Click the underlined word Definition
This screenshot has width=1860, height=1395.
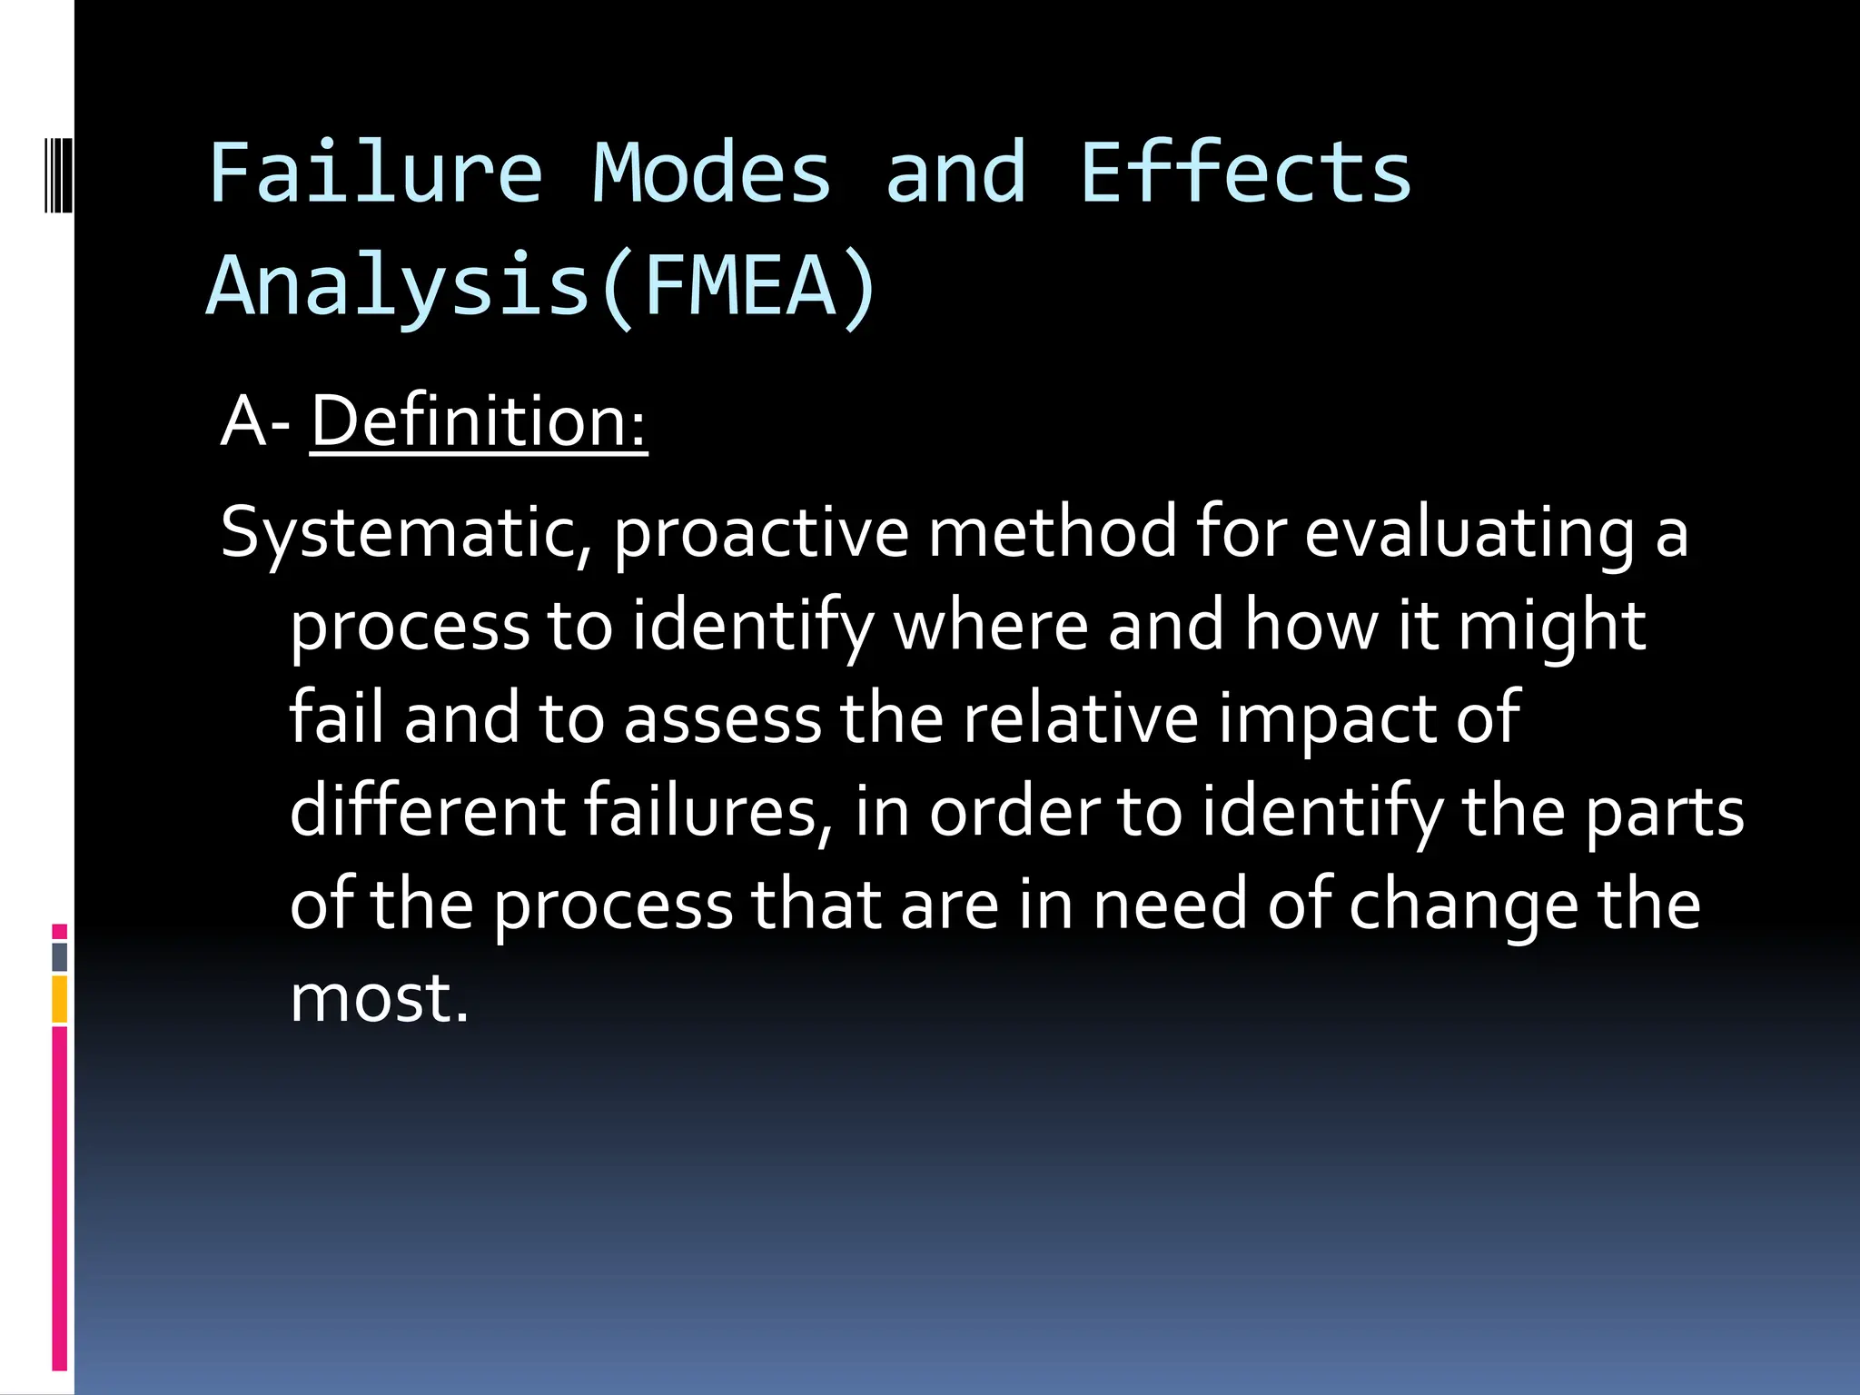479,422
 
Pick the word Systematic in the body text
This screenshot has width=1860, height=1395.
406,534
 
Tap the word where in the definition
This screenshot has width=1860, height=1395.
991,627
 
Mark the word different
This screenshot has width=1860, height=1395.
428,811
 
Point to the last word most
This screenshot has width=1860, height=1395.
379,998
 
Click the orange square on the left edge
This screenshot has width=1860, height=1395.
60,1000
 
